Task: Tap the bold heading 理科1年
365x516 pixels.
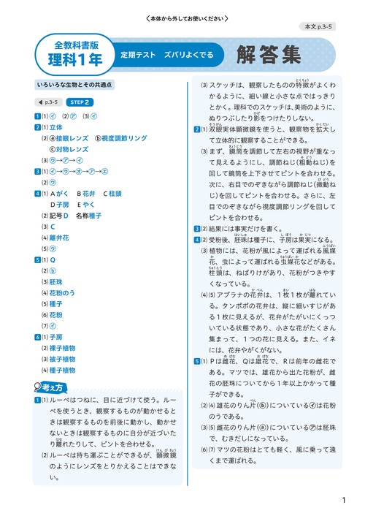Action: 75,59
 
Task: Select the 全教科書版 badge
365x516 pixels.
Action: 75,43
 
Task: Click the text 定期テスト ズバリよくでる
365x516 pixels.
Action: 167,55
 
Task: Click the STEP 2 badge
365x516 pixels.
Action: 80,102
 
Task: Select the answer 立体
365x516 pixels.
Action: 55,126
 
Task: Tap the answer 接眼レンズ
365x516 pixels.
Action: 70,137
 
